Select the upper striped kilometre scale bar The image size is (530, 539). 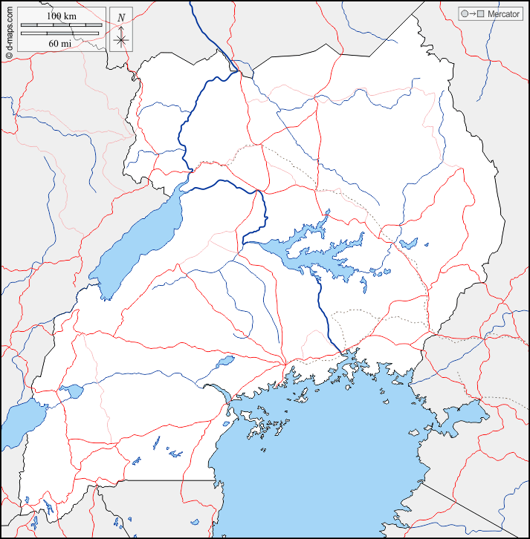[x=60, y=26]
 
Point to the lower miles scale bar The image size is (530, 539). [x=60, y=33]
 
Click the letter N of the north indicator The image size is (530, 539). [x=121, y=17]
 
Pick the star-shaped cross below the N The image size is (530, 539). [x=121, y=39]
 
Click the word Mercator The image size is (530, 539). [x=503, y=14]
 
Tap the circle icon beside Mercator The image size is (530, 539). [x=464, y=14]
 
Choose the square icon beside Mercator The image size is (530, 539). [x=480, y=14]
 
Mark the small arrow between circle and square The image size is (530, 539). [x=472, y=14]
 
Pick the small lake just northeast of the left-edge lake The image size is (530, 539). [x=71, y=391]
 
